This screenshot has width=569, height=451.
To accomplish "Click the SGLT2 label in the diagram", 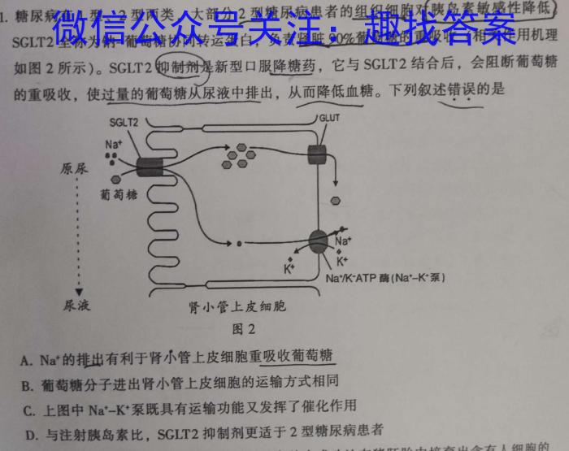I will coord(124,122).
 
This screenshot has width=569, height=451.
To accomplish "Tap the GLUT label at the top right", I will coord(328,118).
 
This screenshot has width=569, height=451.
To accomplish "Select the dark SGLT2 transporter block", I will coord(150,167).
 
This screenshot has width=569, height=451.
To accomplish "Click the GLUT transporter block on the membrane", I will coord(315,154).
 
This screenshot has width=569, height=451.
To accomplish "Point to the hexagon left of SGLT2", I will coord(117,179).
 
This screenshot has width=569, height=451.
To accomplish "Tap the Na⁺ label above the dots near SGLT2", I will coord(113,144).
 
